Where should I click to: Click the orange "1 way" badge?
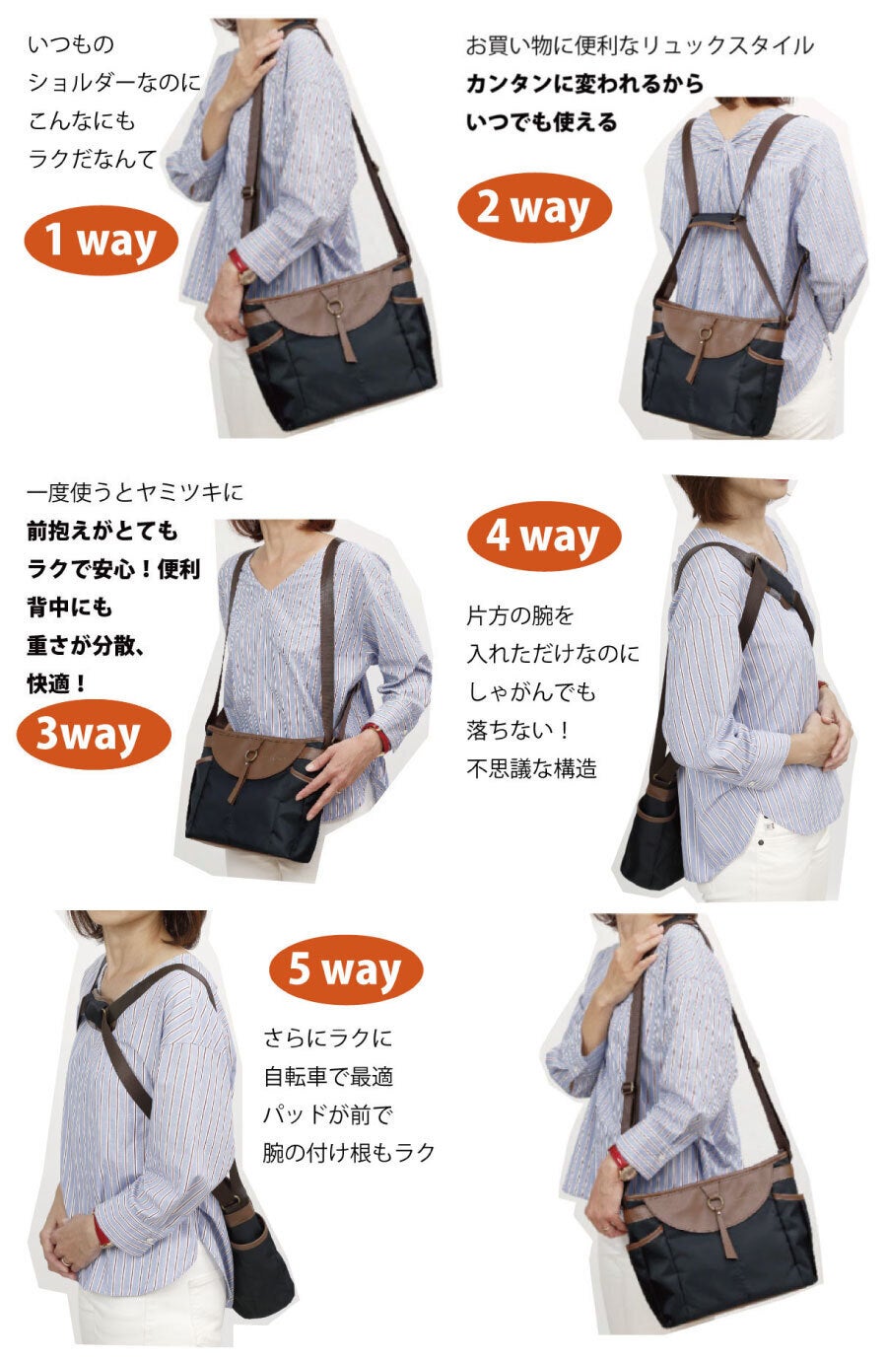[101, 240]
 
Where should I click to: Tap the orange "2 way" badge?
[534, 208]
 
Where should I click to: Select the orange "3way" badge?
[94, 734]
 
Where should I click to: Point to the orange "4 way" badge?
[544, 536]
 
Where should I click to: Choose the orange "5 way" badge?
[346, 969]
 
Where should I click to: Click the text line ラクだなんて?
[93, 159]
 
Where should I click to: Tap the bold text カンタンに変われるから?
[584, 83]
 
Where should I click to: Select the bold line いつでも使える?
[541, 122]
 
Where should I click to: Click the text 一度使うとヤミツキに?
[135, 492]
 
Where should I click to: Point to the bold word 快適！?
[57, 683]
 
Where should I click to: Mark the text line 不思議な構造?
[532, 768]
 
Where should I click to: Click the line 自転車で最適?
[328, 1077]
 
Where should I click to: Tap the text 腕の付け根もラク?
[349, 1152]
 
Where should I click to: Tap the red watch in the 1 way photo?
[238, 262]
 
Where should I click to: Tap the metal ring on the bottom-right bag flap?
[714, 1203]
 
